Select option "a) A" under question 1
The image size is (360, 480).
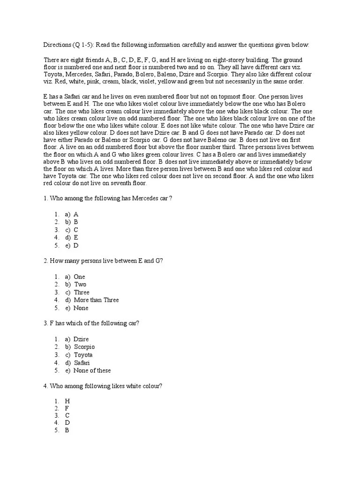pyautogui.click(x=71, y=214)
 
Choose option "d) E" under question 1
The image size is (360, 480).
pyautogui.click(x=71, y=237)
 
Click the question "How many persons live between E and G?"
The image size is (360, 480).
pyautogui.click(x=103, y=261)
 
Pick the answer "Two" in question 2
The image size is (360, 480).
pyautogui.click(x=80, y=284)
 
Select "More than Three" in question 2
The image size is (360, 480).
pyautogui.click(x=96, y=300)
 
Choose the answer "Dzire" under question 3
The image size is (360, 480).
pyautogui.click(x=81, y=339)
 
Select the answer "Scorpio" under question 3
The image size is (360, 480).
pyautogui.click(x=84, y=347)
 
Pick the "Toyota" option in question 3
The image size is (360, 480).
pyautogui.click(x=83, y=355)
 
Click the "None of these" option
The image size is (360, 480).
pyautogui.click(x=92, y=370)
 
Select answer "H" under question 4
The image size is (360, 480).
pyautogui.click(x=67, y=401)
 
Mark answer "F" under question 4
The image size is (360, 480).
pyautogui.click(x=67, y=409)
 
